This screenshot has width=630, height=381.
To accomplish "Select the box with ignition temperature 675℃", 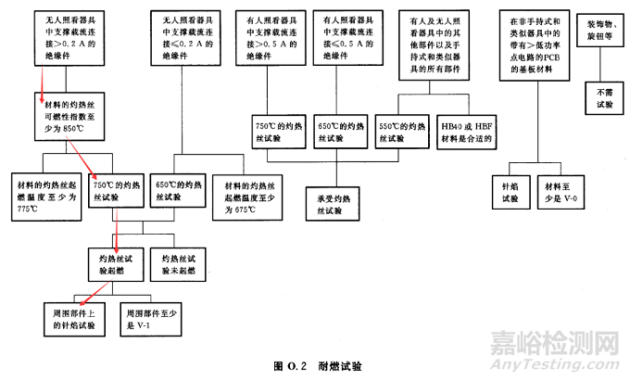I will (246, 192).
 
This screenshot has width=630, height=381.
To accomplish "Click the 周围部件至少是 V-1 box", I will (154, 318).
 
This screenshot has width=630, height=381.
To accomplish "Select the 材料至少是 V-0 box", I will (564, 191).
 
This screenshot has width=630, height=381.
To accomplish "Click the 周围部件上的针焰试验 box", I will (74, 318).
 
